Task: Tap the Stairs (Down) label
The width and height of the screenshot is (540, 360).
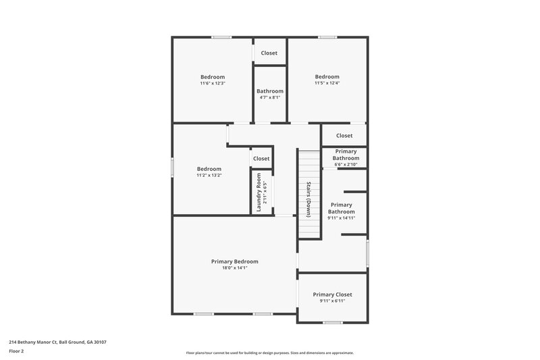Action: click(308, 199)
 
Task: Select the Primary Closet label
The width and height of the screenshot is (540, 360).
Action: click(332, 294)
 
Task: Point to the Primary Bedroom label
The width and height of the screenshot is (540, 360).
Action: click(234, 261)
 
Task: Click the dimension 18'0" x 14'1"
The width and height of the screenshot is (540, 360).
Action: click(234, 268)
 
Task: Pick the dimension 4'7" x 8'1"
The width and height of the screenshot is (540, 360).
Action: click(269, 97)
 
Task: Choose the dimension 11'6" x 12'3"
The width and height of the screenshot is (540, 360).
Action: click(212, 84)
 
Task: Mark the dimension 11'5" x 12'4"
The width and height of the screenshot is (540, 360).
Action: click(327, 84)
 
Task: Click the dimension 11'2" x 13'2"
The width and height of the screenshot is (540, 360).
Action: click(209, 176)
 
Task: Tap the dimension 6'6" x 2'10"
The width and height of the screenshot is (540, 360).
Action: click(345, 165)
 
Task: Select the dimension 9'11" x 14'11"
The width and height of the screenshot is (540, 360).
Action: click(341, 218)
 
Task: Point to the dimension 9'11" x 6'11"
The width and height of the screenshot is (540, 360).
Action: click(332, 301)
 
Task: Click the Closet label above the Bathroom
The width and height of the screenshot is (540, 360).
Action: click(269, 53)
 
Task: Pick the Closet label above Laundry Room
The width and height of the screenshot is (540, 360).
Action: click(261, 159)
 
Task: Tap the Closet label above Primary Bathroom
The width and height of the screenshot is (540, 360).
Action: click(344, 136)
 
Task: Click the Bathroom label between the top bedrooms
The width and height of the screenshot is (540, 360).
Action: click(269, 91)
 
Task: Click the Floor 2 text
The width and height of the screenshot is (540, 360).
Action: click(17, 351)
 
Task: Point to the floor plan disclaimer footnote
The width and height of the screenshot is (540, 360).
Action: click(269, 353)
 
